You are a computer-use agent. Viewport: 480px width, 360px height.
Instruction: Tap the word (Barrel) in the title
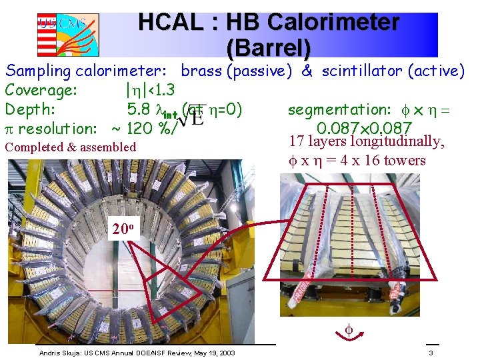pos(269,47)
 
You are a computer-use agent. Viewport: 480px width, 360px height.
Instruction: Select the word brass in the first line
pos(202,71)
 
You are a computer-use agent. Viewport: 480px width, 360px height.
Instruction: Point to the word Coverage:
pos(42,90)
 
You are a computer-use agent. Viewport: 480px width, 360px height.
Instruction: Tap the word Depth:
pos(30,108)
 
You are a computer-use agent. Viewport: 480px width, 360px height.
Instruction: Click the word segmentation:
pos(337,109)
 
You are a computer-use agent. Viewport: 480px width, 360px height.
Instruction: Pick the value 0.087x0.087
pos(364,127)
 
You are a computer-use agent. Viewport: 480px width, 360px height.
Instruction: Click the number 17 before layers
pos(297,142)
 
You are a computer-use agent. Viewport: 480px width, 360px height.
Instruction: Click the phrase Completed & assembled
pos(70,147)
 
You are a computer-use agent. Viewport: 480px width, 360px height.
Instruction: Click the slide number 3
pos(431,353)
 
